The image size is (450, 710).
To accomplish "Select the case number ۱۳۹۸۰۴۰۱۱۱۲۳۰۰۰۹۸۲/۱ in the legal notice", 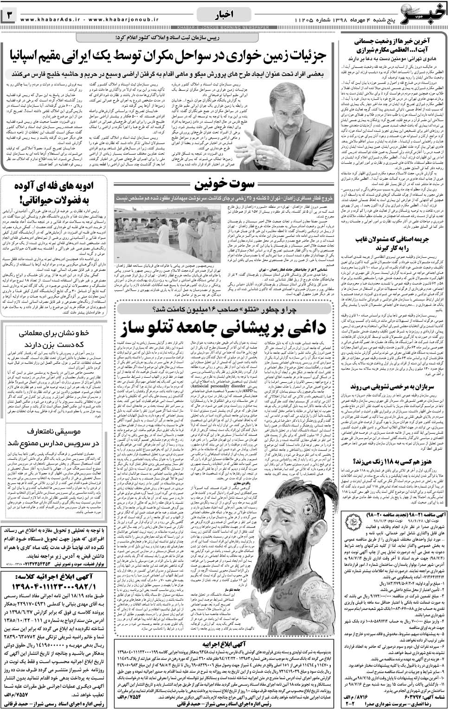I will click(x=53, y=571).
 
